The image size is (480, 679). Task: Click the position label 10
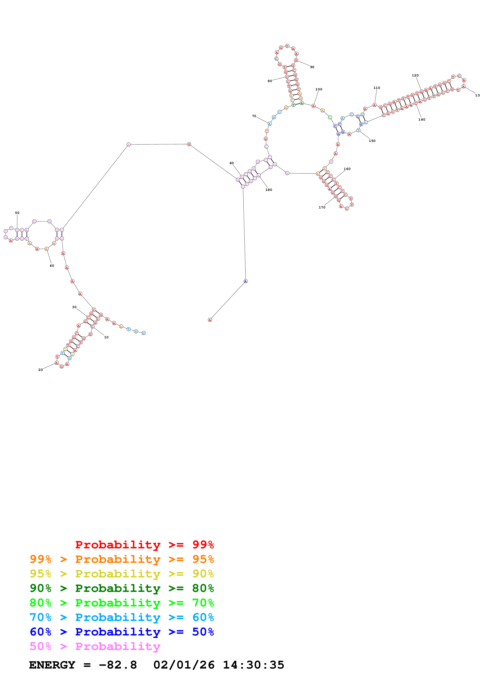pyautogui.click(x=106, y=337)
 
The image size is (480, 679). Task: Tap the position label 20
pyautogui.click(x=40, y=370)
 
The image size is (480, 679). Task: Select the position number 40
pyautogui.click(x=52, y=266)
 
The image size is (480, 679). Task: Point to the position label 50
pyautogui.click(x=17, y=213)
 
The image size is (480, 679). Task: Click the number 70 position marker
pyautogui.click(x=254, y=116)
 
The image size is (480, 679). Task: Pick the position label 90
pyautogui.click(x=312, y=67)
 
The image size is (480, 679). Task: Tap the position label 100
pyautogui.click(x=319, y=89)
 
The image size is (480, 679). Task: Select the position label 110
pyautogui.click(x=376, y=88)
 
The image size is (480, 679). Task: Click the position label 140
pyautogui.click(x=422, y=119)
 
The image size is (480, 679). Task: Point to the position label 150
pyautogui.click(x=372, y=141)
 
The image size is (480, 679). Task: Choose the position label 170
pyautogui.click(x=322, y=207)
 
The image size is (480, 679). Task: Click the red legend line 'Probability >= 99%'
pyautogui.click(x=144, y=544)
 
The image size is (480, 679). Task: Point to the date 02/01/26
pyautogui.click(x=184, y=665)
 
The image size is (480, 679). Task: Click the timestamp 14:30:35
pyautogui.click(x=253, y=665)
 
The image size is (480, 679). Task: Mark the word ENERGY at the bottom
pyautogui.click(x=52, y=665)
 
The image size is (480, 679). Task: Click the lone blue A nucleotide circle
pyautogui.click(x=246, y=281)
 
